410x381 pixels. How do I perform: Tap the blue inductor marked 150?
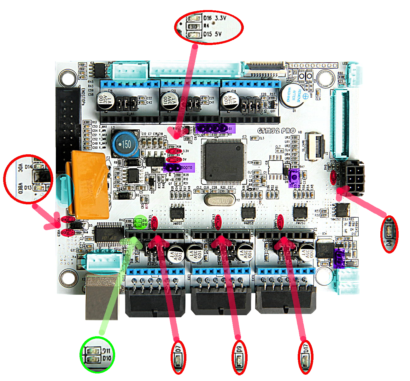[x=126, y=144]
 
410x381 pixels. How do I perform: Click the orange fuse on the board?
[x=89, y=185]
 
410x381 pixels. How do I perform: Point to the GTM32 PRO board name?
[x=276, y=131]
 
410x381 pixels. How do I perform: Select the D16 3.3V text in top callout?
[x=215, y=18]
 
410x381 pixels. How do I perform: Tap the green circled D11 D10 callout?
[x=97, y=355]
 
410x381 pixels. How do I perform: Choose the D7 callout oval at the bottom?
[x=178, y=357]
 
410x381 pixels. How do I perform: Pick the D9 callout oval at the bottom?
[x=240, y=358]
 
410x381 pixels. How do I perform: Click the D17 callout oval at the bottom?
[x=305, y=358]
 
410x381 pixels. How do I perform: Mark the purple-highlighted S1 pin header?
[x=215, y=128]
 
